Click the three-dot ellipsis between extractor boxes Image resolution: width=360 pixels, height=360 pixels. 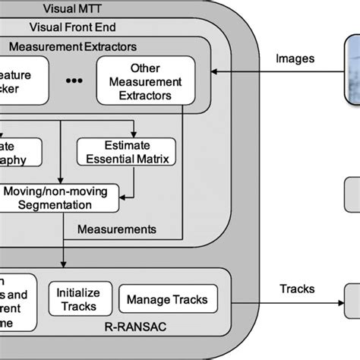[x=74, y=81]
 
